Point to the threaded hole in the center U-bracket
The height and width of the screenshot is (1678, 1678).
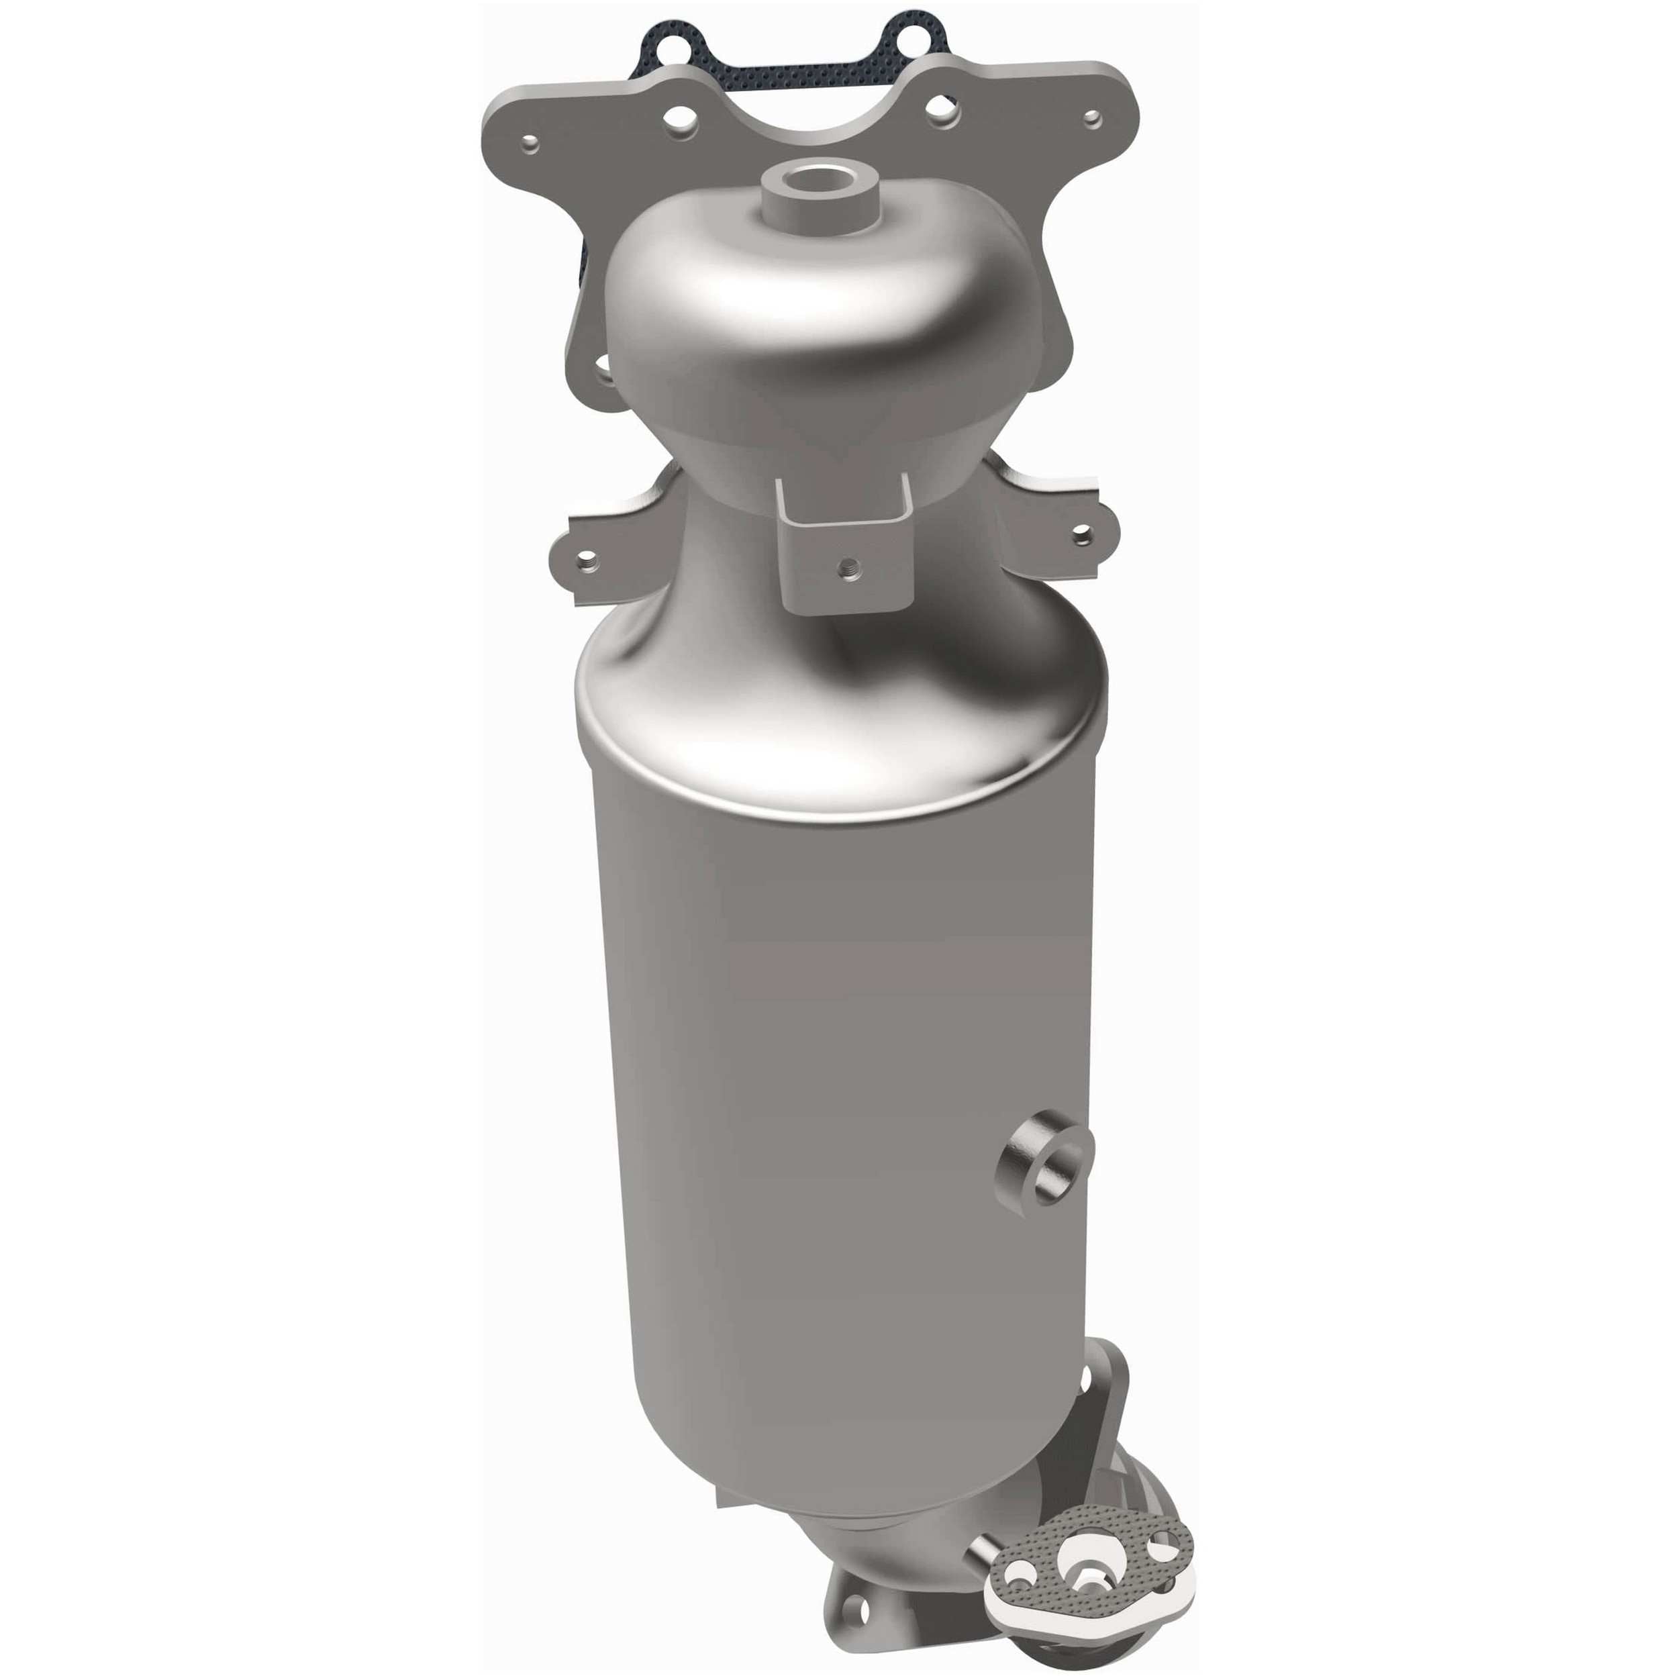[842, 569]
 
